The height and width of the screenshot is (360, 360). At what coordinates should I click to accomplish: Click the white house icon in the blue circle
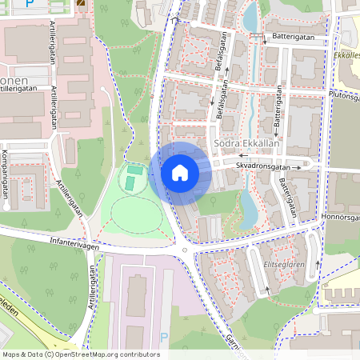pyautogui.click(x=180, y=172)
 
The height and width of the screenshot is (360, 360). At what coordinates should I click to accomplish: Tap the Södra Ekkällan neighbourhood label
pyautogui.click(x=247, y=145)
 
